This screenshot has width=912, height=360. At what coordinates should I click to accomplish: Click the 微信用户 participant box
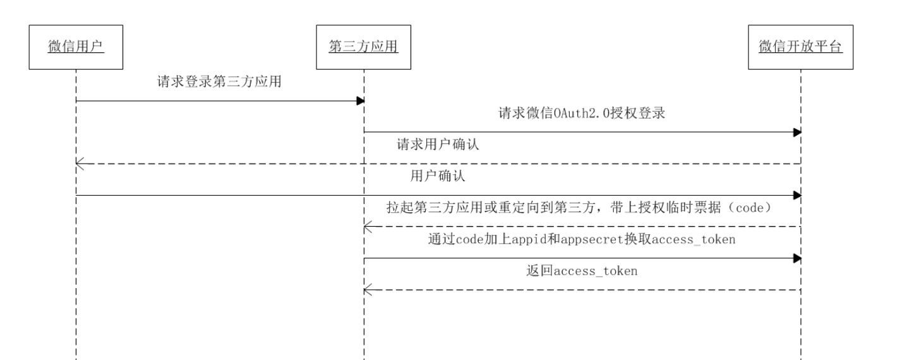[76, 47]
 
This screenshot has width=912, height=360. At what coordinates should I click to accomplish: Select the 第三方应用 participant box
[364, 47]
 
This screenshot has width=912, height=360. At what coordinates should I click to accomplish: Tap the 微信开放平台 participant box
[800, 47]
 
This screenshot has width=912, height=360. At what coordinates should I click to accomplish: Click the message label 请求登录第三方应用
[219, 81]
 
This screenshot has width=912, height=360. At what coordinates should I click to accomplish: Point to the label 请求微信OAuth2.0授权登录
[582, 113]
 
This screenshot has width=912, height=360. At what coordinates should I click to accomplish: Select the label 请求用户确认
[438, 145]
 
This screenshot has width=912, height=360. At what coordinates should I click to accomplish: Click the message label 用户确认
[438, 176]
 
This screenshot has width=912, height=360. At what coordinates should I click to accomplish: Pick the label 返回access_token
[582, 271]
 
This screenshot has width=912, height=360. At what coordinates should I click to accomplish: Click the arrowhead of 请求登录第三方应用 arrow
[361, 100]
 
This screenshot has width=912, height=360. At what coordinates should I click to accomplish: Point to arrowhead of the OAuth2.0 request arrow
[798, 132]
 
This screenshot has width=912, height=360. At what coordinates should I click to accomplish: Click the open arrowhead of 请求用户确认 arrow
[80, 164]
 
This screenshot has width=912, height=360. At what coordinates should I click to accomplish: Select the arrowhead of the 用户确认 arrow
[798, 195]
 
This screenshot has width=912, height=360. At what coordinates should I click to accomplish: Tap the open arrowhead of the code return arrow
[368, 227]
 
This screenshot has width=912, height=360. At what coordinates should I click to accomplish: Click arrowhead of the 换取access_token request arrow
[798, 258]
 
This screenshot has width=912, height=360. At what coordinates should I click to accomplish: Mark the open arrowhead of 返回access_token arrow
[368, 290]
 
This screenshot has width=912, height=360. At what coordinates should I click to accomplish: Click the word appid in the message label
[529, 239]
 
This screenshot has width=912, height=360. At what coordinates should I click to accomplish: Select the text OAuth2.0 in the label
[582, 113]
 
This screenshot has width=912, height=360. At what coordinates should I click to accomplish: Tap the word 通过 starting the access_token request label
[441, 239]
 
